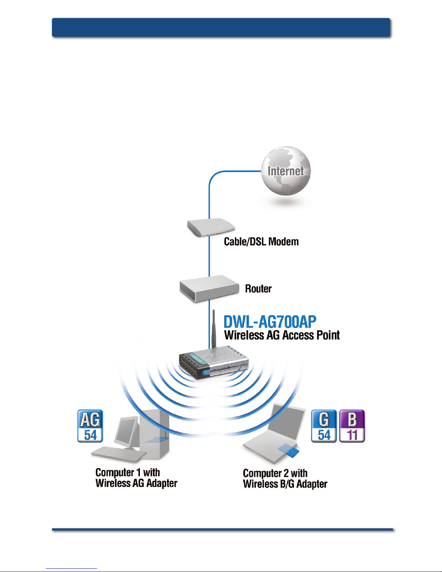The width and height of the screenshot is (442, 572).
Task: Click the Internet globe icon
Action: tap(286, 171)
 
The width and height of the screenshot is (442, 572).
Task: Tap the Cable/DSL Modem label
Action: tap(261, 242)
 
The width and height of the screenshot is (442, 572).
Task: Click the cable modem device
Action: tap(211, 227)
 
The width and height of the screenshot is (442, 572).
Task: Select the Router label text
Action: tap(258, 288)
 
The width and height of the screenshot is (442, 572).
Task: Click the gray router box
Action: tap(209, 288)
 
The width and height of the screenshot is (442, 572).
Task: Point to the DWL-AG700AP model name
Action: tap(270, 322)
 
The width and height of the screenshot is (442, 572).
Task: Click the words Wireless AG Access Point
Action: tap(282, 335)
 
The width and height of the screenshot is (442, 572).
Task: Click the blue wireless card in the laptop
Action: tap(289, 451)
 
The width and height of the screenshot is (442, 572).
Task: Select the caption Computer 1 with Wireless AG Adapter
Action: tap(136, 478)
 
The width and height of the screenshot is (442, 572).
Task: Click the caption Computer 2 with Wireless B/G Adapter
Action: tap(285, 479)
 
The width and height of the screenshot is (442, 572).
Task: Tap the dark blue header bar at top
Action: tap(221, 27)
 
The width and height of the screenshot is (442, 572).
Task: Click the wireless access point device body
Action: tap(214, 363)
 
